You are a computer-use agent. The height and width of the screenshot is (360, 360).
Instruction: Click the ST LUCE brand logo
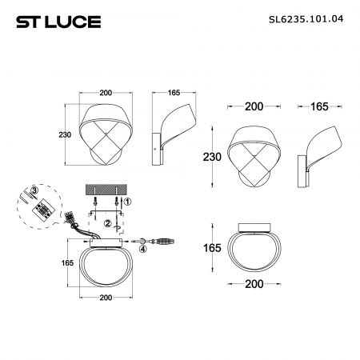58,22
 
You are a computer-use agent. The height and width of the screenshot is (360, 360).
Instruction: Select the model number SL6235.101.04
306,19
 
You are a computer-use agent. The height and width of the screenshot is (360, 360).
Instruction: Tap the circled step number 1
128,202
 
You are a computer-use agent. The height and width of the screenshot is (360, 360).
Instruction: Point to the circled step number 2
108,223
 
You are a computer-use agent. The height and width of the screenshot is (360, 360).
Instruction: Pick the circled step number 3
34,190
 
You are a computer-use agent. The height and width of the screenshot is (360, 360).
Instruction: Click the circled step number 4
143,249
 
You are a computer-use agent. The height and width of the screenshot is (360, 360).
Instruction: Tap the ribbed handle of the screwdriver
165,242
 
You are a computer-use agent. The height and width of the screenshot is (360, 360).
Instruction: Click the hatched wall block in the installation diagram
106,190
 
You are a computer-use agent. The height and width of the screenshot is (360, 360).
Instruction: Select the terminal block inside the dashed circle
43,210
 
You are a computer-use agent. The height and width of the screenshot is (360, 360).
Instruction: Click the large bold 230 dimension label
212,157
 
